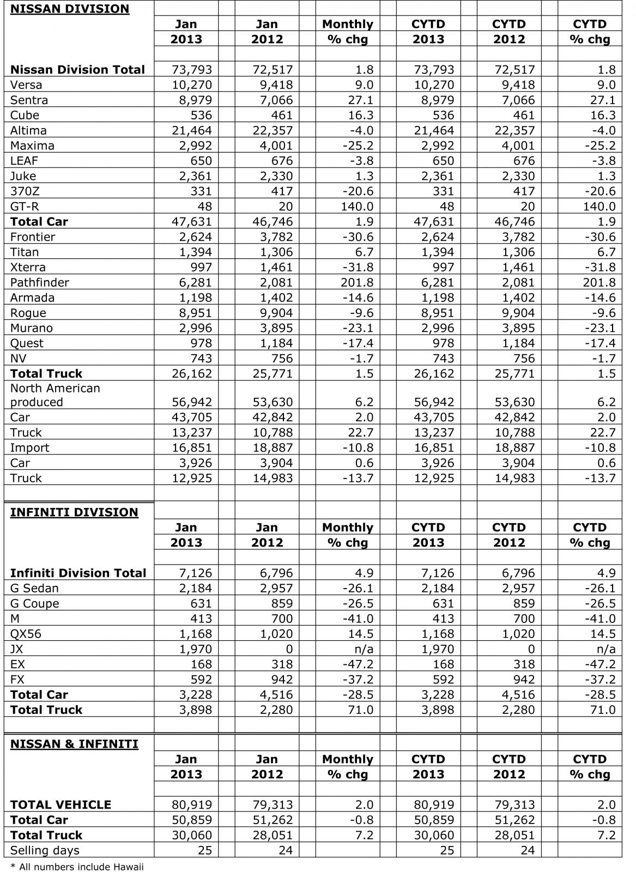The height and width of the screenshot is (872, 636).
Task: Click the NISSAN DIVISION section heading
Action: [x=70, y=9]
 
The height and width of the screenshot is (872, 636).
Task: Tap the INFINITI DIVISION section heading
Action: [x=74, y=512]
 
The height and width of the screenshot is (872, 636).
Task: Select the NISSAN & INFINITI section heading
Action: [x=74, y=744]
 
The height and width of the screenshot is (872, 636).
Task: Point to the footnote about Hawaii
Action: [x=77, y=867]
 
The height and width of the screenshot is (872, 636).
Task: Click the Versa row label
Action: [x=26, y=85]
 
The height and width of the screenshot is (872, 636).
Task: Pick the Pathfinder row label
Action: [x=40, y=282]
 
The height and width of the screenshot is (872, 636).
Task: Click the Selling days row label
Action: [x=45, y=850]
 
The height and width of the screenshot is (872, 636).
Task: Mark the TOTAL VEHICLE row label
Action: [x=60, y=804]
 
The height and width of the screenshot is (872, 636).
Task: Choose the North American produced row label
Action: [x=55, y=395]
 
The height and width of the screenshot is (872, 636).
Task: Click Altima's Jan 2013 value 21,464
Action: [x=191, y=130]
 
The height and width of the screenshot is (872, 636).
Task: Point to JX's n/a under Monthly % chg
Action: [x=364, y=649]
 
